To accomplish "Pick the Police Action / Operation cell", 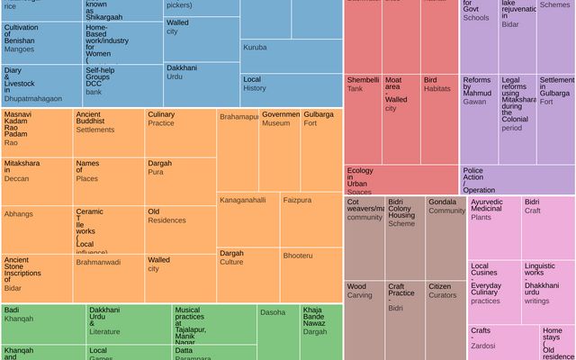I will [x=517, y=179].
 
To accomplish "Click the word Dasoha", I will [x=273, y=312].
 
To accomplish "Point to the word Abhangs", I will [x=19, y=214].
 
